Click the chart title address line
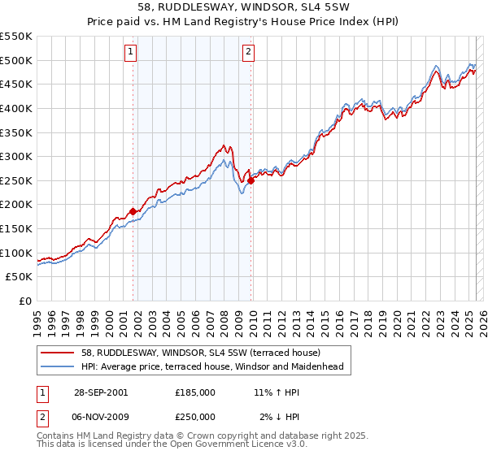pyautogui.click(x=244, y=8)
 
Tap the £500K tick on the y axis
pyautogui.click(x=17, y=60)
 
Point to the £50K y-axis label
pyautogui.click(x=20, y=277)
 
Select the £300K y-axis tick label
pyautogui.click(x=17, y=156)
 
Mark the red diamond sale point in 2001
pyautogui.click(x=133, y=211)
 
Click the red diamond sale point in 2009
pyautogui.click(x=251, y=180)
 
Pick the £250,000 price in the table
pyautogui.click(x=195, y=417)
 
